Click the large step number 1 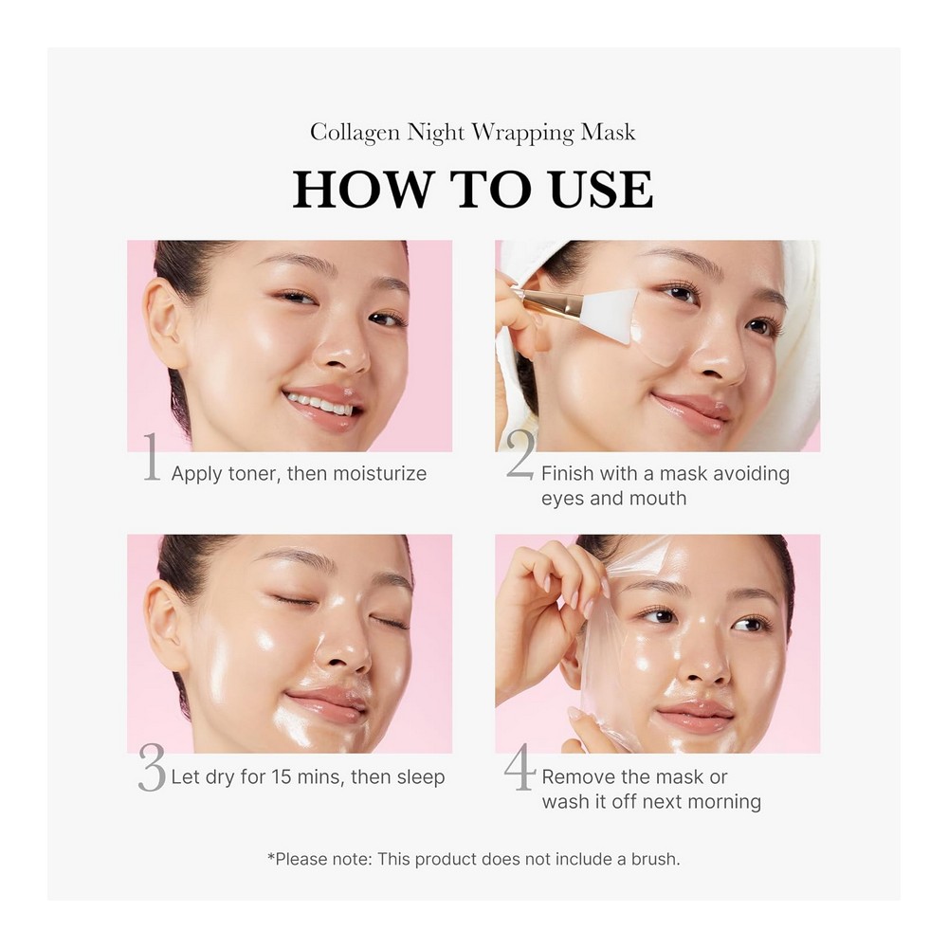152,457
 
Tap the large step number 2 520,455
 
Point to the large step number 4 520,767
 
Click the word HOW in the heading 361,190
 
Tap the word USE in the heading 602,190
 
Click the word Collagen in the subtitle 355,133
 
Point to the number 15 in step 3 282,777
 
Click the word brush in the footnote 655,859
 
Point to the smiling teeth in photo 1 319,403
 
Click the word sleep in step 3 420,777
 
